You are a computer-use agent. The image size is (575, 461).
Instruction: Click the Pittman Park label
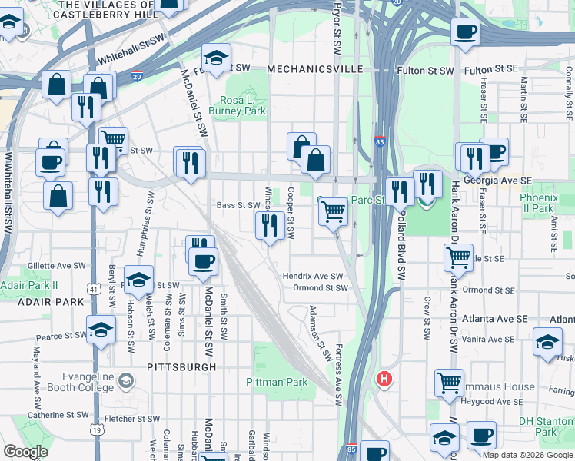click(277, 382)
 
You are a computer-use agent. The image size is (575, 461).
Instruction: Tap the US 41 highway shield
click(93, 289)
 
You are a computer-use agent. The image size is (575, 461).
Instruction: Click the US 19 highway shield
click(97, 430)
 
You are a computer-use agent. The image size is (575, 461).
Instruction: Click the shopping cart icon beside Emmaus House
click(449, 382)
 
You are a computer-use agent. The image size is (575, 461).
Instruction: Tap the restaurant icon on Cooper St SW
click(268, 225)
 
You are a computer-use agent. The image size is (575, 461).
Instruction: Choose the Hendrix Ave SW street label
click(312, 276)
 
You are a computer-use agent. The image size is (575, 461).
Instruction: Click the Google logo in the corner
click(26, 452)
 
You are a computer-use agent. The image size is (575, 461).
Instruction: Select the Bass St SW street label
click(238, 205)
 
